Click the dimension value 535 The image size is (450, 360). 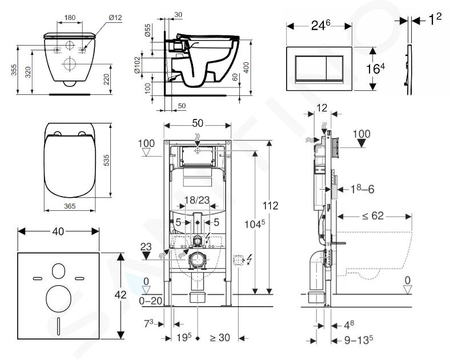pos(106,162)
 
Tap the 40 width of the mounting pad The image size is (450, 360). pos(58,231)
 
